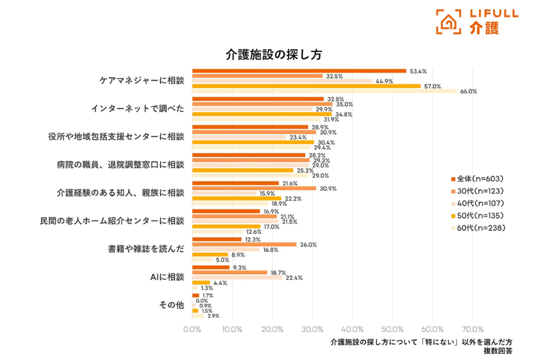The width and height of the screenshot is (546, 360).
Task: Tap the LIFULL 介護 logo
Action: (x=476, y=21)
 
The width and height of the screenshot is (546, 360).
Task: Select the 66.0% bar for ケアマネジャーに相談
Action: (x=324, y=91)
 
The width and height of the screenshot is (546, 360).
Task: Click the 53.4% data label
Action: (x=419, y=71)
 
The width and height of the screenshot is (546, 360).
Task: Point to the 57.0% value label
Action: (x=432, y=86)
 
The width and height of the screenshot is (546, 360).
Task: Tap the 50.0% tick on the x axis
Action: (x=393, y=329)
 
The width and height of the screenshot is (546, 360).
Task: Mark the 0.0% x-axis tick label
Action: (x=192, y=329)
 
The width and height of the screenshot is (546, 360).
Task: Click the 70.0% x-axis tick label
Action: (x=472, y=329)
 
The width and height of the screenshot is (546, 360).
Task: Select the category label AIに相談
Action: (x=167, y=277)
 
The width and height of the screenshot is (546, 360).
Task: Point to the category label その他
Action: (x=171, y=305)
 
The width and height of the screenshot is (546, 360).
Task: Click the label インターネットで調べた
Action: (x=138, y=109)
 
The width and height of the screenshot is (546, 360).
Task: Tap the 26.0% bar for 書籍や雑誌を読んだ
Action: (x=244, y=245)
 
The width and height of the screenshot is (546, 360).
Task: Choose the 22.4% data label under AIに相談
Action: (x=294, y=278)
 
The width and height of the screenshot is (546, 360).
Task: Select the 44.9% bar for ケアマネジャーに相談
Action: (x=282, y=81)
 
